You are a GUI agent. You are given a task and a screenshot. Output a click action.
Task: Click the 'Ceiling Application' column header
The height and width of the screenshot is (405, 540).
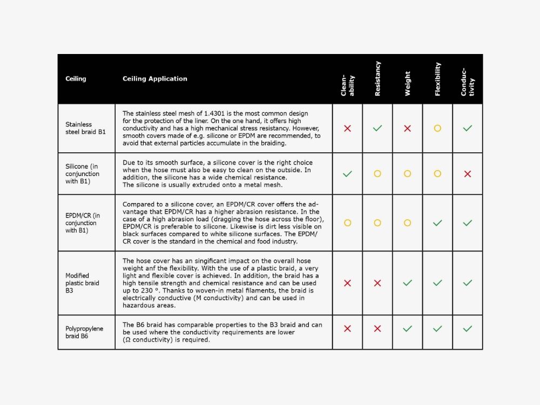pos(155,79)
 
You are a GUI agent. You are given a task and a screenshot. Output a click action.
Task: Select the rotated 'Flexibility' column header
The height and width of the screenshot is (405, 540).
pos(437,79)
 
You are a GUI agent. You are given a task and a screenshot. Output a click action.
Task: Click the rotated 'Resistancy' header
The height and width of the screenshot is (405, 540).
pos(377,79)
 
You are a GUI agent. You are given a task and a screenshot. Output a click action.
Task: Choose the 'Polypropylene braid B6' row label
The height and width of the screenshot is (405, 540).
pos(84,332)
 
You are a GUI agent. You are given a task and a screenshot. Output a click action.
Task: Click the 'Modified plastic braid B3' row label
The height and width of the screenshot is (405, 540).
pos(82,283)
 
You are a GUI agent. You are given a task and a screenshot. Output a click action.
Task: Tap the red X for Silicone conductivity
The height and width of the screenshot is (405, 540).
pos(468,174)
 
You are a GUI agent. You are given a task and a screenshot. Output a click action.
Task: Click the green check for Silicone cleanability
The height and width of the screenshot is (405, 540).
pos(347,174)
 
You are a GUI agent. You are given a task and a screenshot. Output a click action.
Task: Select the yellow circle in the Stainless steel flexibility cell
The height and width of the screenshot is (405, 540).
pos(437,129)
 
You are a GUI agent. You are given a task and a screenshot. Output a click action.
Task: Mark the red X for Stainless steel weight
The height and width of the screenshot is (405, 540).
pos(408,129)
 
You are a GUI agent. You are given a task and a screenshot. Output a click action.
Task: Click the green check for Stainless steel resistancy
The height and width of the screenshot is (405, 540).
pos(377,129)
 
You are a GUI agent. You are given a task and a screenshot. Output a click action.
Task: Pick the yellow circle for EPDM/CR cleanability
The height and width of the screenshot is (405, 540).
pos(347,222)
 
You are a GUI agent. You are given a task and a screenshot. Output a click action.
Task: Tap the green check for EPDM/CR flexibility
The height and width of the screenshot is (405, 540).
pos(437,222)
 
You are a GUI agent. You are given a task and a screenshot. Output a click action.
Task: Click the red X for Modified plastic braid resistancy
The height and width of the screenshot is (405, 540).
pos(377,283)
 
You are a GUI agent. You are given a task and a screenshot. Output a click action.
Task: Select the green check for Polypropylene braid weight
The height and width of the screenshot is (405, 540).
pos(408,328)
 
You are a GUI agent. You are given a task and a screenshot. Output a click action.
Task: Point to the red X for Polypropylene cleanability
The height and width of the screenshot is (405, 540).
pos(347,328)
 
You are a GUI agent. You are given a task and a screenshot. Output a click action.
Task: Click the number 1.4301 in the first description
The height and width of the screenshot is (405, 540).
pos(214,113)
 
